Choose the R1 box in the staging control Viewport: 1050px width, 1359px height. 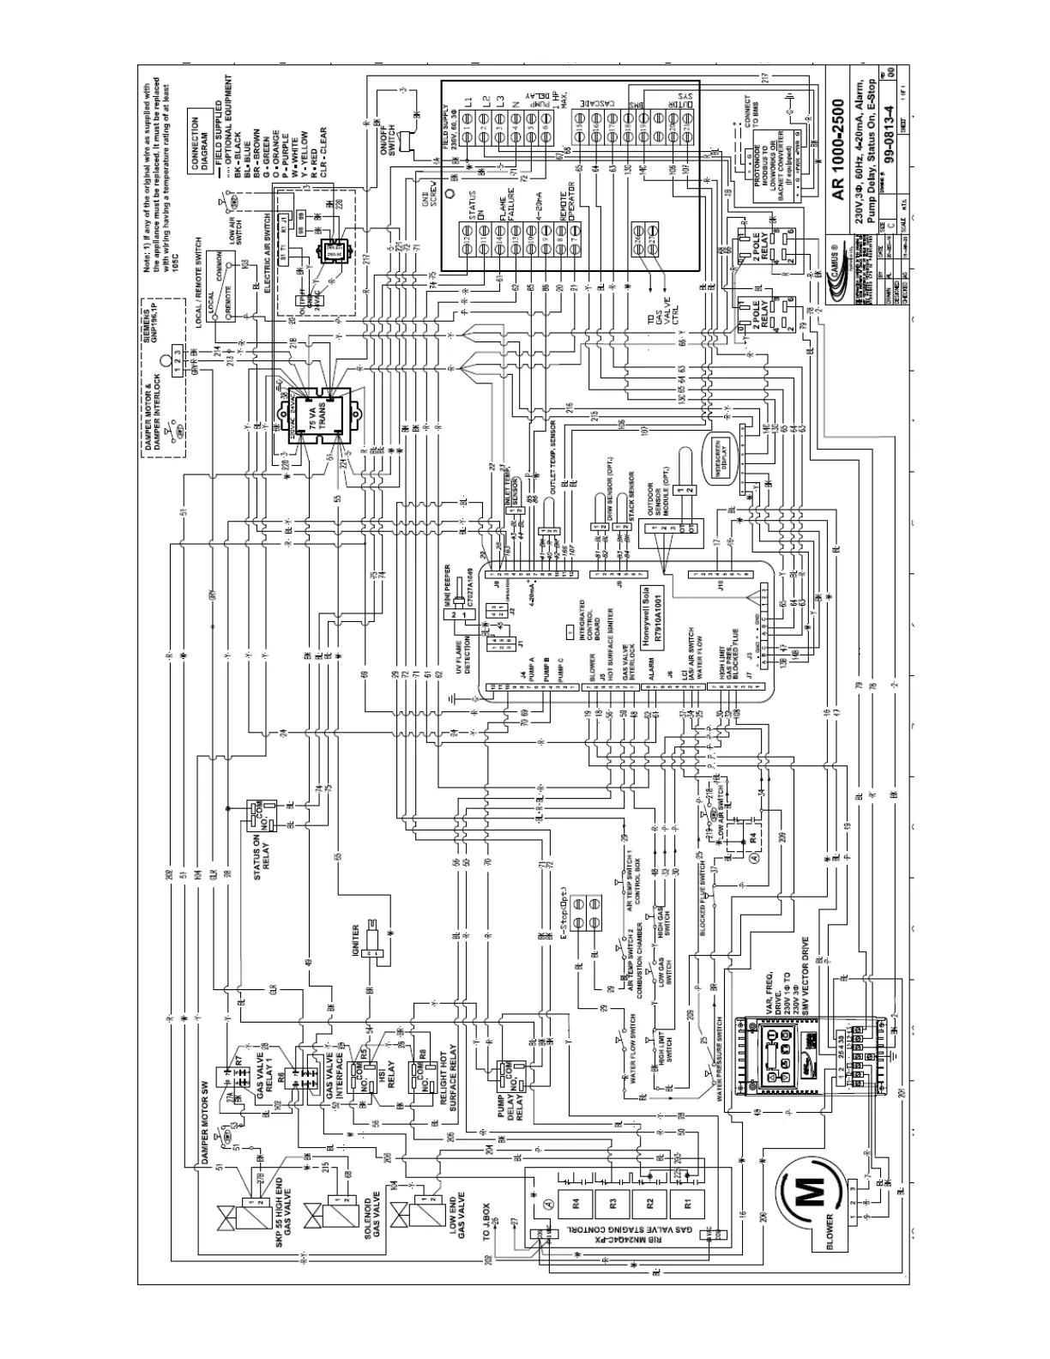(686, 1202)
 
